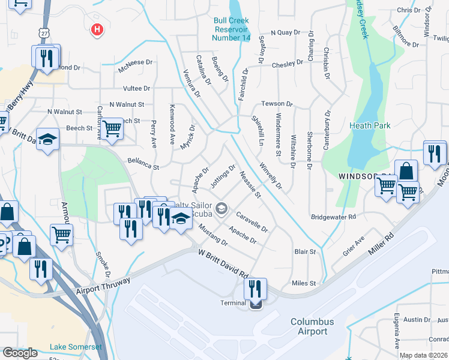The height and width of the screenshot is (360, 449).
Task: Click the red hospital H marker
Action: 96,29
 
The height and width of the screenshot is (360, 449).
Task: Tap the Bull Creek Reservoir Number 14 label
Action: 232,29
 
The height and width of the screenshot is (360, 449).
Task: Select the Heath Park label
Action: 370,125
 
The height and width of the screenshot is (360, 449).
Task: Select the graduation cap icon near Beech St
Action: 47,139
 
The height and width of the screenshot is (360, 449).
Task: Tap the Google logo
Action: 20,353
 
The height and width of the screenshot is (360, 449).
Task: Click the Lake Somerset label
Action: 76,347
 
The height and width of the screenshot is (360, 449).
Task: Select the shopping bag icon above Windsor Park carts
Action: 406,170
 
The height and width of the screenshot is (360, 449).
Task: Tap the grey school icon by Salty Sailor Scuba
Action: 221,208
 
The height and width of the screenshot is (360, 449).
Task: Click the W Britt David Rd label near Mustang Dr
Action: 223,263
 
